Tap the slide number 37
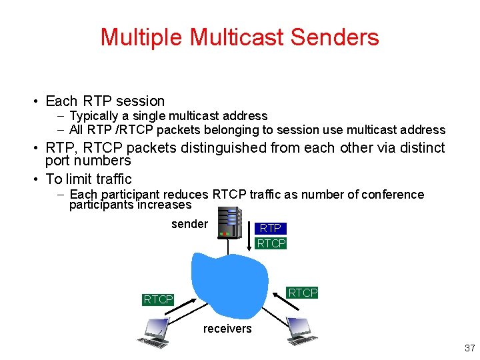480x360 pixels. click(x=469, y=348)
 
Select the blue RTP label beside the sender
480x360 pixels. click(x=271, y=228)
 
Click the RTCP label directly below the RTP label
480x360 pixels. click(x=271, y=243)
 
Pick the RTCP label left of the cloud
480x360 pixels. click(x=158, y=300)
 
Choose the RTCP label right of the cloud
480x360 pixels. click(x=303, y=293)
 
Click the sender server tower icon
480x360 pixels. click(x=230, y=222)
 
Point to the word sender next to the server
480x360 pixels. click(x=189, y=224)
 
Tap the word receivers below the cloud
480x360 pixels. click(x=227, y=329)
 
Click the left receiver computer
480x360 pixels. click(x=153, y=332)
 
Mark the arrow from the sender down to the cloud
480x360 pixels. click(x=229, y=246)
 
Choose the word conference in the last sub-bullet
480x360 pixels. click(x=395, y=195)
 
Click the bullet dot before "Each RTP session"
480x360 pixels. click(x=34, y=102)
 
